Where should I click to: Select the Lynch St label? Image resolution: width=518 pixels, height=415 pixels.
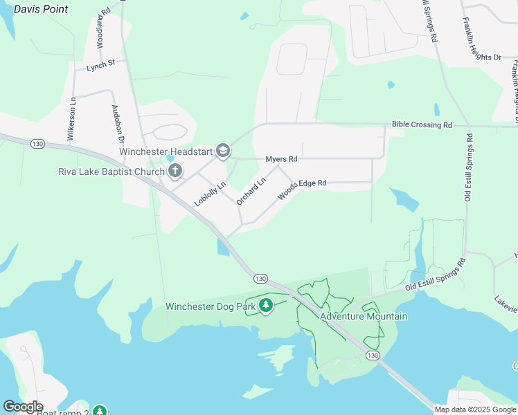pos(102,66)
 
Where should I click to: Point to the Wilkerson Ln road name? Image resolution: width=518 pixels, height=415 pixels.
pos(71,120)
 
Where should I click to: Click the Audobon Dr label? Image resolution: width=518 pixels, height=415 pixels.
pos(116,125)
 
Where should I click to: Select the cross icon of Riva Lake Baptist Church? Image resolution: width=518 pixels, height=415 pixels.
pos(175,170)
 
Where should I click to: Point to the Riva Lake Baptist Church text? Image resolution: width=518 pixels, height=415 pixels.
pos(111,171)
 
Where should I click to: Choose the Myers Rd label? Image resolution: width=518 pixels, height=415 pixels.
pos(281,159)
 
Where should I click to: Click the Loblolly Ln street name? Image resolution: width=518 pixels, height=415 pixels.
pos(211,194)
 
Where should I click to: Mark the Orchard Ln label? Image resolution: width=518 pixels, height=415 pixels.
pos(251,192)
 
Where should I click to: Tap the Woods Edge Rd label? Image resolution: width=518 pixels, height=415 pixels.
pos(302,187)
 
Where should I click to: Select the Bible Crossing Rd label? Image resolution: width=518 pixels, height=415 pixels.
pos(422,125)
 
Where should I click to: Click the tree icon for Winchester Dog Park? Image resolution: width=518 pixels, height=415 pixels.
pos(267,306)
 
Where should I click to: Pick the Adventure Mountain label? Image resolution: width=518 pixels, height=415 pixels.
pos(364,316)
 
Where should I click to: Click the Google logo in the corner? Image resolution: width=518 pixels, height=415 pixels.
pos(23,407)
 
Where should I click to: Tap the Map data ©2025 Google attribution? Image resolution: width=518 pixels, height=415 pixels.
pos(475,409)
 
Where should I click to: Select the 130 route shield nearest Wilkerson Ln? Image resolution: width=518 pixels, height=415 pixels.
pos(37,143)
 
